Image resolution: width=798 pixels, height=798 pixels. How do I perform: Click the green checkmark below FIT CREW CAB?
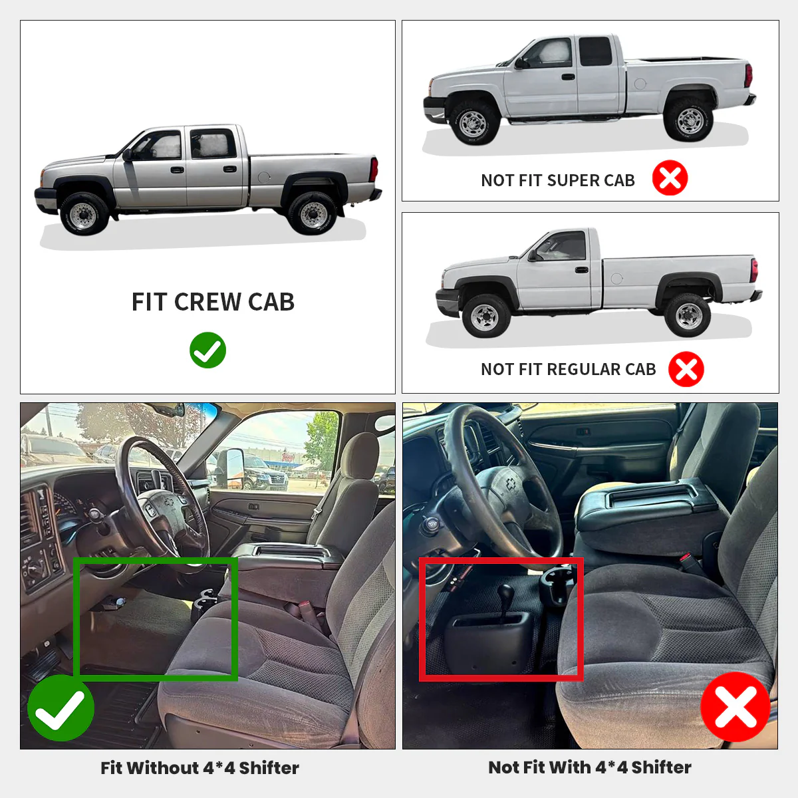pyautogui.click(x=207, y=350)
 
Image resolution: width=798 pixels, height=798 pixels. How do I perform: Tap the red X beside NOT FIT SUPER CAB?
pyautogui.click(x=670, y=178)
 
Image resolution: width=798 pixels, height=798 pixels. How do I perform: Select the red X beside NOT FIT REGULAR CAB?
pyautogui.click(x=686, y=369)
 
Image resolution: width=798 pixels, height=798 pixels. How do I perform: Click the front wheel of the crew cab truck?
pyautogui.click(x=83, y=213)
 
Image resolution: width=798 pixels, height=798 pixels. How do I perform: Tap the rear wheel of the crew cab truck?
pyautogui.click(x=313, y=213)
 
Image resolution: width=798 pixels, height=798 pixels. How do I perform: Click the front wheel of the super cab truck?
pyautogui.click(x=473, y=123)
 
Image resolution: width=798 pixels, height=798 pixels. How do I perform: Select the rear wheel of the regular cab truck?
pyautogui.click(x=688, y=315)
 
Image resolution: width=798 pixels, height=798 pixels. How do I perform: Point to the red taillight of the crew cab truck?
pyautogui.click(x=374, y=170)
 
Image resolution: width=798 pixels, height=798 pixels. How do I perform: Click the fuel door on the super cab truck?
pyautogui.click(x=640, y=84)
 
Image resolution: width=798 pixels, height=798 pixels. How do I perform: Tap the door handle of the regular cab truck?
pyautogui.click(x=581, y=270)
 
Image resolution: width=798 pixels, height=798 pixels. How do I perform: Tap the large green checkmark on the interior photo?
pyautogui.click(x=61, y=708)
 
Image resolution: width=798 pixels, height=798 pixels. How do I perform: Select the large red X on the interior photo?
pyautogui.click(x=735, y=706)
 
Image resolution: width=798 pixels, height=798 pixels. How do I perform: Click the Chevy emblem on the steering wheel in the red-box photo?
pyautogui.click(x=511, y=484)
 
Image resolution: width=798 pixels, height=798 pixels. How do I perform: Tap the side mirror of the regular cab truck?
pyautogui.click(x=533, y=255)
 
